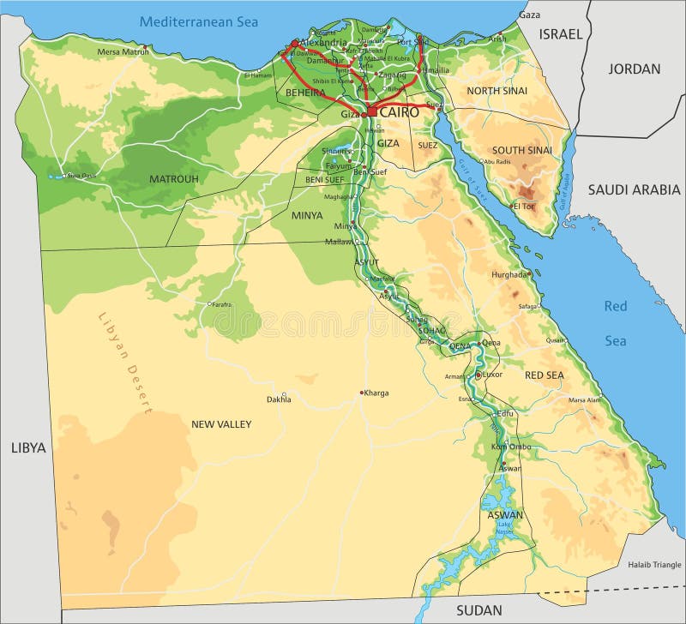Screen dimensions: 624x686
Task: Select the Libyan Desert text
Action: (x=124, y=363)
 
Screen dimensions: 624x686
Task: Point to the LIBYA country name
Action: (x=27, y=447)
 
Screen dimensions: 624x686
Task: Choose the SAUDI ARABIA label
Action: (x=634, y=189)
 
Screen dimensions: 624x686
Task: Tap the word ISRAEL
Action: (x=561, y=34)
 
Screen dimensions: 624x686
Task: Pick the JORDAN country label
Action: (x=635, y=69)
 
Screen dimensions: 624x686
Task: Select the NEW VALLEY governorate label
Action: (x=221, y=424)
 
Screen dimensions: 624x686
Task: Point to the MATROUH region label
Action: (x=174, y=179)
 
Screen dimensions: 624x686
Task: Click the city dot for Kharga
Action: (x=361, y=393)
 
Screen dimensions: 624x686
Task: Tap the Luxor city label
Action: (x=491, y=375)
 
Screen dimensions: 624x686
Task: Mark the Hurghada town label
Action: (x=509, y=274)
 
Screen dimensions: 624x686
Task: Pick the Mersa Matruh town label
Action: (x=123, y=51)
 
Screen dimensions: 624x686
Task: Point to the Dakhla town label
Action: (x=278, y=399)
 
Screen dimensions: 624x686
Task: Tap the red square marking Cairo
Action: (x=371, y=111)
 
